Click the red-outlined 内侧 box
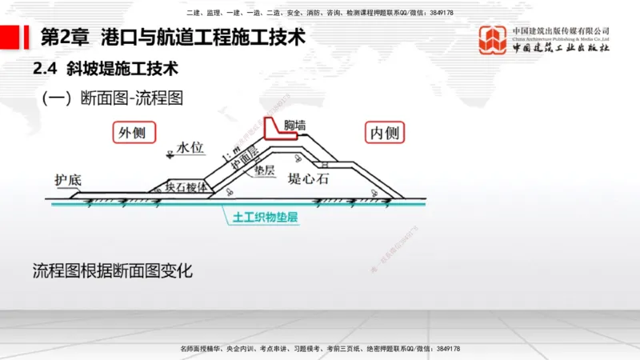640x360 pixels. pyautogui.click(x=383, y=133)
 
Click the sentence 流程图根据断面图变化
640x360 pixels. pyautogui.click(x=113, y=270)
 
